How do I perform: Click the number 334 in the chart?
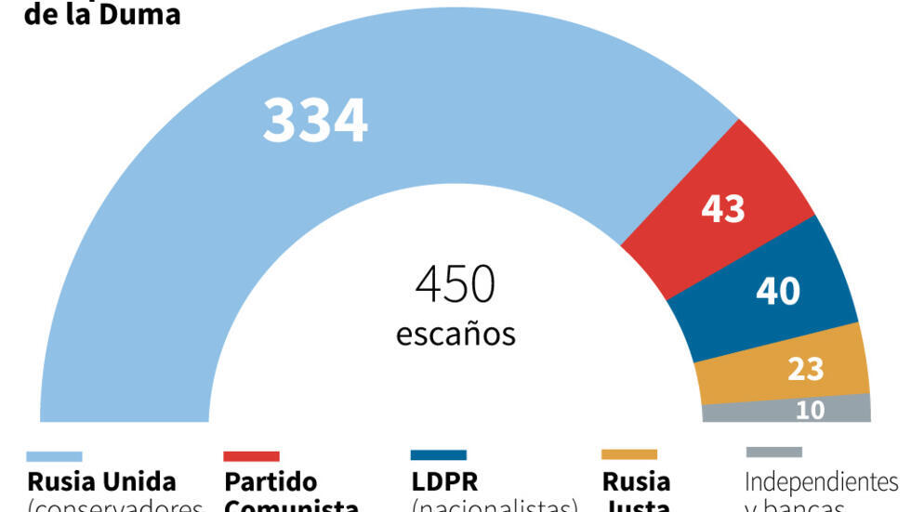pyautogui.click(x=315, y=122)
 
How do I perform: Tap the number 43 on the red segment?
pyautogui.click(x=723, y=209)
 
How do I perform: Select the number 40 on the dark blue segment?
pyautogui.click(x=777, y=292)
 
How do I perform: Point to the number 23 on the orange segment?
pyautogui.click(x=805, y=369)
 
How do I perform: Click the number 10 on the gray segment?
pyautogui.click(x=810, y=410)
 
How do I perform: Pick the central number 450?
pyautogui.click(x=455, y=284)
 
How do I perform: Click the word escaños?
pyautogui.click(x=455, y=333)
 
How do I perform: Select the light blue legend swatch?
pyautogui.click(x=54, y=456)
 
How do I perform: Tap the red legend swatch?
pyautogui.click(x=251, y=456)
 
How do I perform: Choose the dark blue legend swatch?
pyautogui.click(x=438, y=455)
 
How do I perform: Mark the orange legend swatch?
pyautogui.click(x=628, y=454)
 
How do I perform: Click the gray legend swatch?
pyautogui.click(x=773, y=453)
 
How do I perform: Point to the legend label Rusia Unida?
pyautogui.click(x=101, y=482)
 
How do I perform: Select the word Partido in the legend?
pyautogui.click(x=271, y=482)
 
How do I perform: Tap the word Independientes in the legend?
pyautogui.click(x=822, y=482)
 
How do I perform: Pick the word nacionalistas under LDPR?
pyautogui.click(x=495, y=505)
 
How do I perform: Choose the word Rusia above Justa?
pyautogui.click(x=636, y=482)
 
